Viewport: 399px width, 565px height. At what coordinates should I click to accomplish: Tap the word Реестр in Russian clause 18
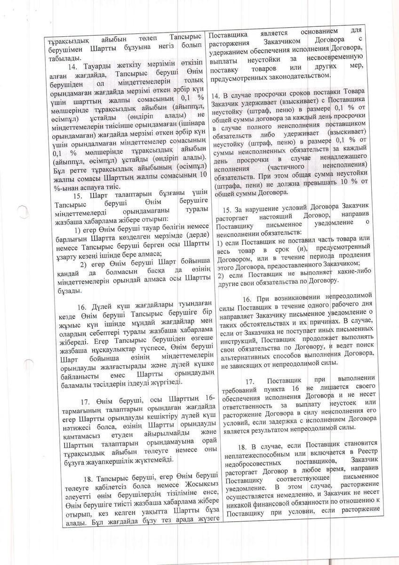tap(362, 452)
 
